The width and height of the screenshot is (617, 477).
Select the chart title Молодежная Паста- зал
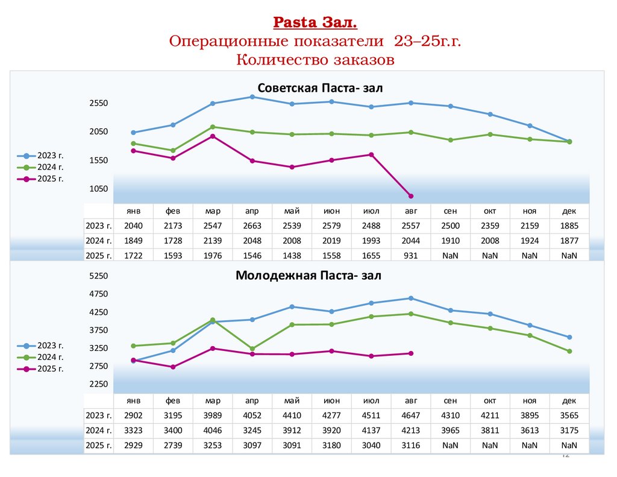(x=308, y=276)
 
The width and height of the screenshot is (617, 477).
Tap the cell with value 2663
(x=252, y=226)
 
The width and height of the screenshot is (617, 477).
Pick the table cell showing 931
(x=411, y=255)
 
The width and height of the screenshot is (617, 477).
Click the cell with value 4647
(x=411, y=415)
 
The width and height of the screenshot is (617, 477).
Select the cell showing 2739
(x=173, y=445)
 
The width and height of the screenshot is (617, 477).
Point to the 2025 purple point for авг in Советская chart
(x=411, y=196)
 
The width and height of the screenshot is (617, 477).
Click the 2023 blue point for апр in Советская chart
(x=252, y=96)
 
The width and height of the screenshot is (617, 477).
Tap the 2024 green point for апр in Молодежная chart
(x=252, y=349)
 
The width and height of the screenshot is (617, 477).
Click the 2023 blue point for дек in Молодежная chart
(x=569, y=337)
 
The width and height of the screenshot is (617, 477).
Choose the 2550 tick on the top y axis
(x=98, y=103)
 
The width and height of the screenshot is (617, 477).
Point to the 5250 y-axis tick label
(x=98, y=276)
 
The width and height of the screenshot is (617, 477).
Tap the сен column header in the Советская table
(x=451, y=211)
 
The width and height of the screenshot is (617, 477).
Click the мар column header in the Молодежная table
(x=213, y=400)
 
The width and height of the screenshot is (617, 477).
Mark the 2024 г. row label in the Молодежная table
(x=99, y=430)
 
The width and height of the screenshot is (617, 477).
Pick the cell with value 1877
(x=569, y=241)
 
